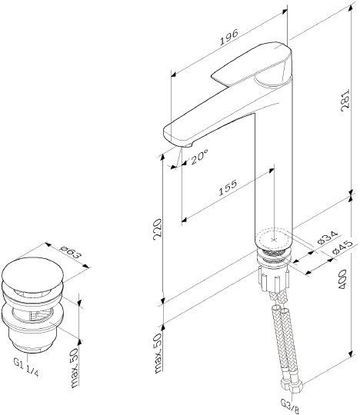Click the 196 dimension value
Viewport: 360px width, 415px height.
[229, 37]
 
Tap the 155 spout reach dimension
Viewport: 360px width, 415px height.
[227, 188]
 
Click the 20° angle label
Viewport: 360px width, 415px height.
[198, 157]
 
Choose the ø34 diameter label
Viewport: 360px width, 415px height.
[328, 237]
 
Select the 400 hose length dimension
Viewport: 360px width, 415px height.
[342, 280]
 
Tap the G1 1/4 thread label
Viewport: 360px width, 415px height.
[26, 367]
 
